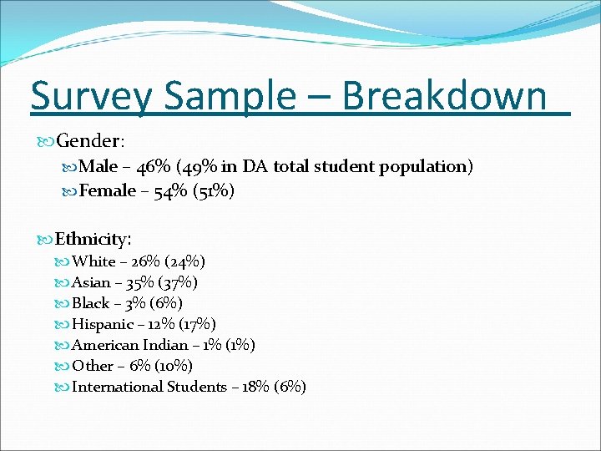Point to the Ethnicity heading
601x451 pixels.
pos(92,240)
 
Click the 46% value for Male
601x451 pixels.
pos(153,167)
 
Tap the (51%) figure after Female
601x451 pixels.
pos(214,191)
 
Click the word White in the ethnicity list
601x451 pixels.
pos(93,261)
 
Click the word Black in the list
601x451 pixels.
pos(91,303)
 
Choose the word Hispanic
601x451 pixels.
pos(103,324)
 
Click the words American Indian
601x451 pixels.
pos(129,345)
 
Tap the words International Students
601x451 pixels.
pos(149,387)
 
